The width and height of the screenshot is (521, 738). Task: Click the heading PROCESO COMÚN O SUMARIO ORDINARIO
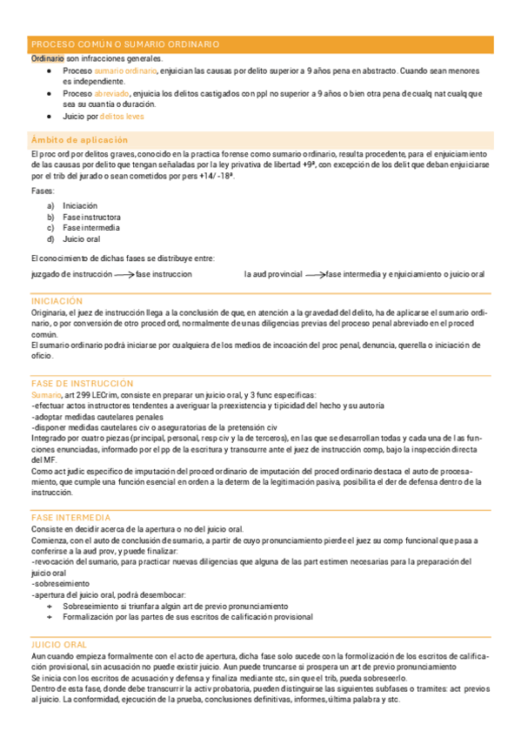click(x=125, y=44)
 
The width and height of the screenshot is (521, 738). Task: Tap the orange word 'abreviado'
click(x=113, y=93)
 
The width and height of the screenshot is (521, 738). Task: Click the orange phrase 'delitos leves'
click(x=122, y=116)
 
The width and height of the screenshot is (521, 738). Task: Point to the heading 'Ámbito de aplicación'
click(x=79, y=139)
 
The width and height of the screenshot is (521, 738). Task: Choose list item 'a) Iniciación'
click(x=73, y=206)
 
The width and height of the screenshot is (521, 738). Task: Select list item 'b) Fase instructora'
click(x=83, y=217)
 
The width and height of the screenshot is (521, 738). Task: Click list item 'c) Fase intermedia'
click(x=83, y=228)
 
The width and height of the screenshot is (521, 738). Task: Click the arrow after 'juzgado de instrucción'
click(x=124, y=274)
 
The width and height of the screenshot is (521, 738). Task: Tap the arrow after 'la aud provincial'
click(x=315, y=274)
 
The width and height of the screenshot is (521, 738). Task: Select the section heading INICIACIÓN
click(x=57, y=300)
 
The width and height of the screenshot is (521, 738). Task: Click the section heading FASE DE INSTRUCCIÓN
click(x=82, y=383)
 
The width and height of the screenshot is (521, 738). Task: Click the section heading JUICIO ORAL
click(x=59, y=643)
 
